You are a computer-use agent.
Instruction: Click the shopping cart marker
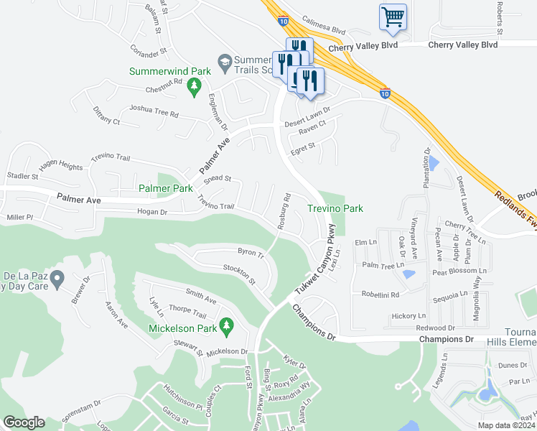coord(393,17)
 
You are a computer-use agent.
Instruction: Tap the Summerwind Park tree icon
coord(193,87)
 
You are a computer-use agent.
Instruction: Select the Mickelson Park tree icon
coord(227,327)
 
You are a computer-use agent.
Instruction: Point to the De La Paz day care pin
coord(59,277)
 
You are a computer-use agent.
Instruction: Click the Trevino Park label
coord(335,208)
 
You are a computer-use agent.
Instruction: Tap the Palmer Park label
coord(166,188)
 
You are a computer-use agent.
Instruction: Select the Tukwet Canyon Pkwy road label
coord(317,267)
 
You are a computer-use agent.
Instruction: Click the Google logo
coord(24,422)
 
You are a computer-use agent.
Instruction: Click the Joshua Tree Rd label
coord(153,112)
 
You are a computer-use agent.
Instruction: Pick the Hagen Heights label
coord(61,164)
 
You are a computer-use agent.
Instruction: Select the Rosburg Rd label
coord(283,211)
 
